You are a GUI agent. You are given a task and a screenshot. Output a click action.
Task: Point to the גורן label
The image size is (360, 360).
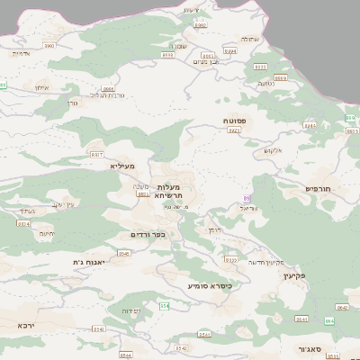[x=74, y=102]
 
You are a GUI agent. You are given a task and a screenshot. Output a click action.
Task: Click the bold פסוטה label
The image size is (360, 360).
[x=236, y=120]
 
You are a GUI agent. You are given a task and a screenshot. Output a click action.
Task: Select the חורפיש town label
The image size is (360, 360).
[x=319, y=188]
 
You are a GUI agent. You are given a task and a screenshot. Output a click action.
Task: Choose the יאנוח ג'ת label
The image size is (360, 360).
[x=90, y=262]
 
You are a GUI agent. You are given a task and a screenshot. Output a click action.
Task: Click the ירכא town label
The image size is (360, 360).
[x=26, y=325]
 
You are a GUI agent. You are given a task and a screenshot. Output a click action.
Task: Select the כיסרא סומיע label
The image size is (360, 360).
[x=210, y=286]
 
